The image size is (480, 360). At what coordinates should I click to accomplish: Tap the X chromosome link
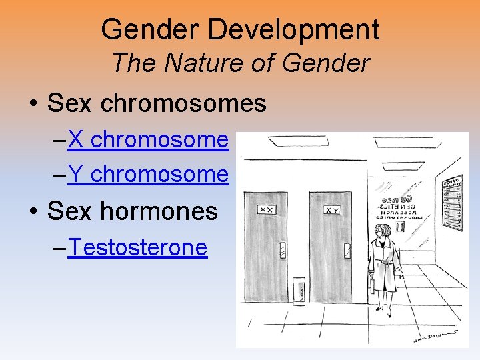point(148,140)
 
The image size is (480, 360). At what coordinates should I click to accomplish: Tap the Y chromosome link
point(148,175)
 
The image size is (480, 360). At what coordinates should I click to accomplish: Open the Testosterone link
point(137,248)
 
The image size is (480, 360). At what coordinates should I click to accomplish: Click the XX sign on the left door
point(267,209)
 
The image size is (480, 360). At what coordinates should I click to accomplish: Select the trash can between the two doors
point(299,291)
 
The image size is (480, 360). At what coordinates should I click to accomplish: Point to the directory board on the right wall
point(453,200)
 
